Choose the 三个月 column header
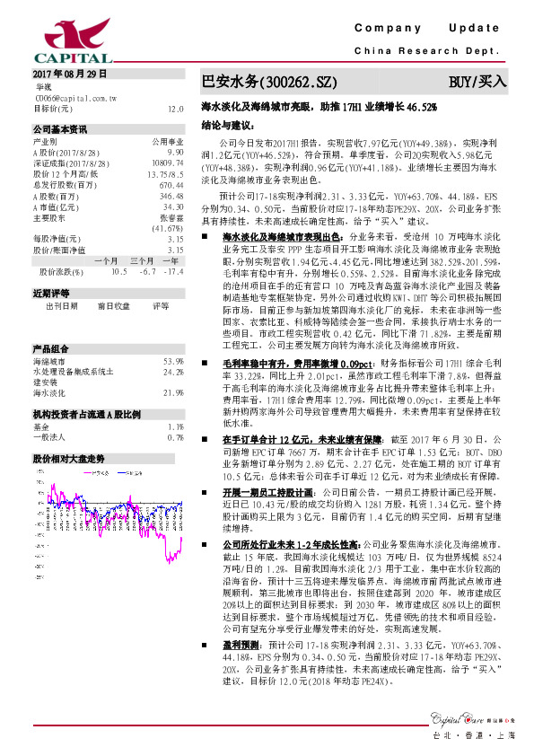pos(142,285)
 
